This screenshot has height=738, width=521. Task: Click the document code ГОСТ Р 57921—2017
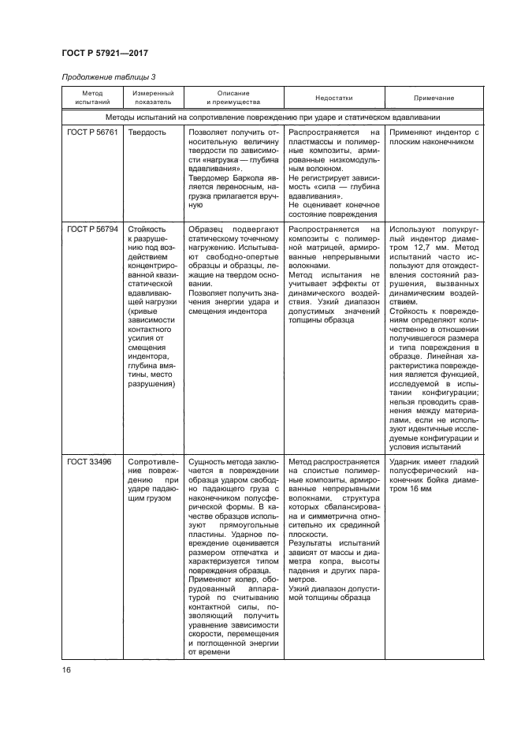coord(104,53)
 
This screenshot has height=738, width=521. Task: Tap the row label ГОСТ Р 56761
coord(92,132)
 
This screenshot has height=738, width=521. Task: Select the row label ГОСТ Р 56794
coord(92,229)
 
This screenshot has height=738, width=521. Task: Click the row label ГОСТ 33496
coord(87,460)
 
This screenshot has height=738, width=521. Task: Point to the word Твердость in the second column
coord(147,132)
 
